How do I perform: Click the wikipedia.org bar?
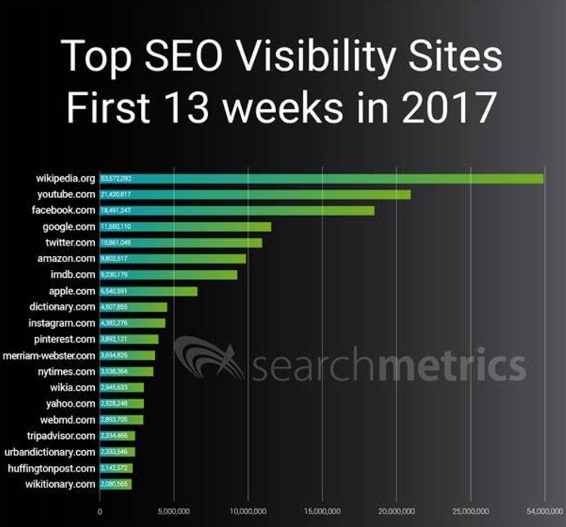[x=321, y=178]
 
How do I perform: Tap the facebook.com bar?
[x=237, y=211]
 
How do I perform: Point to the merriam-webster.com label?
[x=49, y=355]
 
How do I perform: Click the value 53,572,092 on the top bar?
[x=117, y=179]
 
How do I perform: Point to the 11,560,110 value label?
[x=116, y=227]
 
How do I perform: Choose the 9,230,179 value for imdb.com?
[x=115, y=275]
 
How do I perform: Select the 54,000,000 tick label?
[x=544, y=512]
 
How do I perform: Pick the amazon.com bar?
[x=173, y=258]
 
